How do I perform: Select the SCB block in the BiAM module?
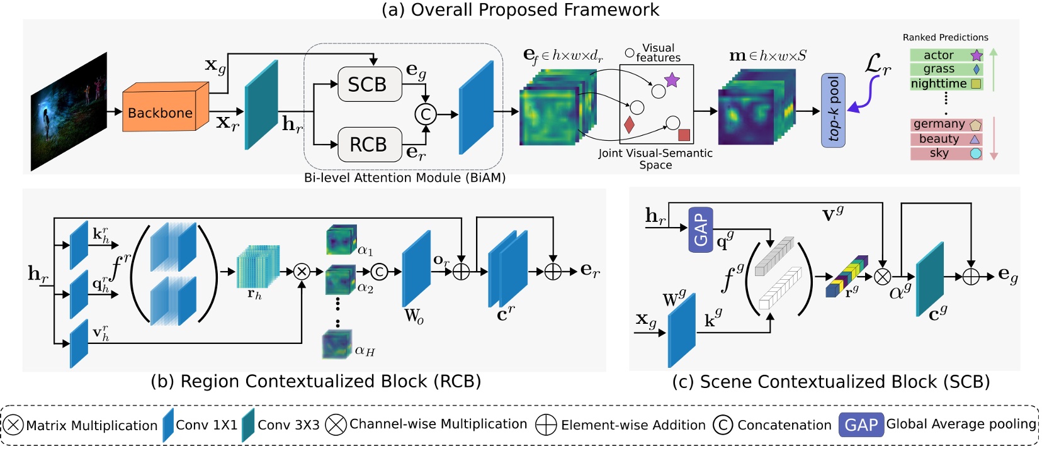[369, 84]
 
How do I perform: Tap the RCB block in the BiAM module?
[369, 145]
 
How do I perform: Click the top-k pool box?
[833, 109]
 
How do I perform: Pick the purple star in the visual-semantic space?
[672, 80]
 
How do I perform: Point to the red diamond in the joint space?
[629, 125]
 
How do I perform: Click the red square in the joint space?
[684, 135]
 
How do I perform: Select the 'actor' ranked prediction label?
[939, 55]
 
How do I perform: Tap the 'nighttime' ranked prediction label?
[939, 84]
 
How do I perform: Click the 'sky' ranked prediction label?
[939, 153]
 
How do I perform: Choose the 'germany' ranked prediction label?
[939, 124]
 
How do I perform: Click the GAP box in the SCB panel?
[701, 230]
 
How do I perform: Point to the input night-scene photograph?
[69, 111]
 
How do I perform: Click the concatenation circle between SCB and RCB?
[426, 114]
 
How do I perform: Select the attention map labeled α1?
[341, 239]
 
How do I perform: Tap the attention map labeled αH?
[337, 345]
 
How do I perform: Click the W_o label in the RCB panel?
[414, 316]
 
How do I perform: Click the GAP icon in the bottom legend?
[861, 425]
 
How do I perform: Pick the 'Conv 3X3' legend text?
[288, 425]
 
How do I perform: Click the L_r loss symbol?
[877, 64]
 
